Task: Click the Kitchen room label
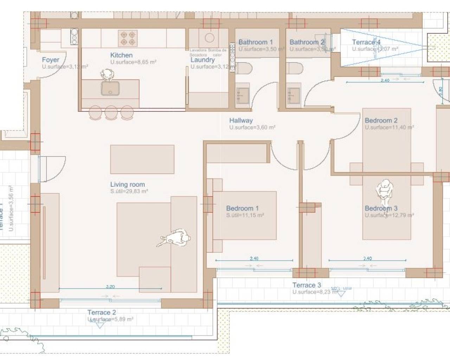(121, 55)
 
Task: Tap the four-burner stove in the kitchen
(127, 38)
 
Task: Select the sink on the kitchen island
(110, 88)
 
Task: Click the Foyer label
(50, 60)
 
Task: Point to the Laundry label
(202, 60)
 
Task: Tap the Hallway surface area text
(252, 128)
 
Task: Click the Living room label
(127, 184)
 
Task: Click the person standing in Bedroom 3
(384, 192)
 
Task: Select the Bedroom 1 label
(242, 208)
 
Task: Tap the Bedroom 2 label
(381, 120)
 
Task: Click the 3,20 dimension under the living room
(110, 287)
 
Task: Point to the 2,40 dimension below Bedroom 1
(254, 258)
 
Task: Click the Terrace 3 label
(307, 285)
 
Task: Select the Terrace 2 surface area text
(110, 319)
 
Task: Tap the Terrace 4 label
(366, 42)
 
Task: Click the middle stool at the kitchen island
(111, 112)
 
